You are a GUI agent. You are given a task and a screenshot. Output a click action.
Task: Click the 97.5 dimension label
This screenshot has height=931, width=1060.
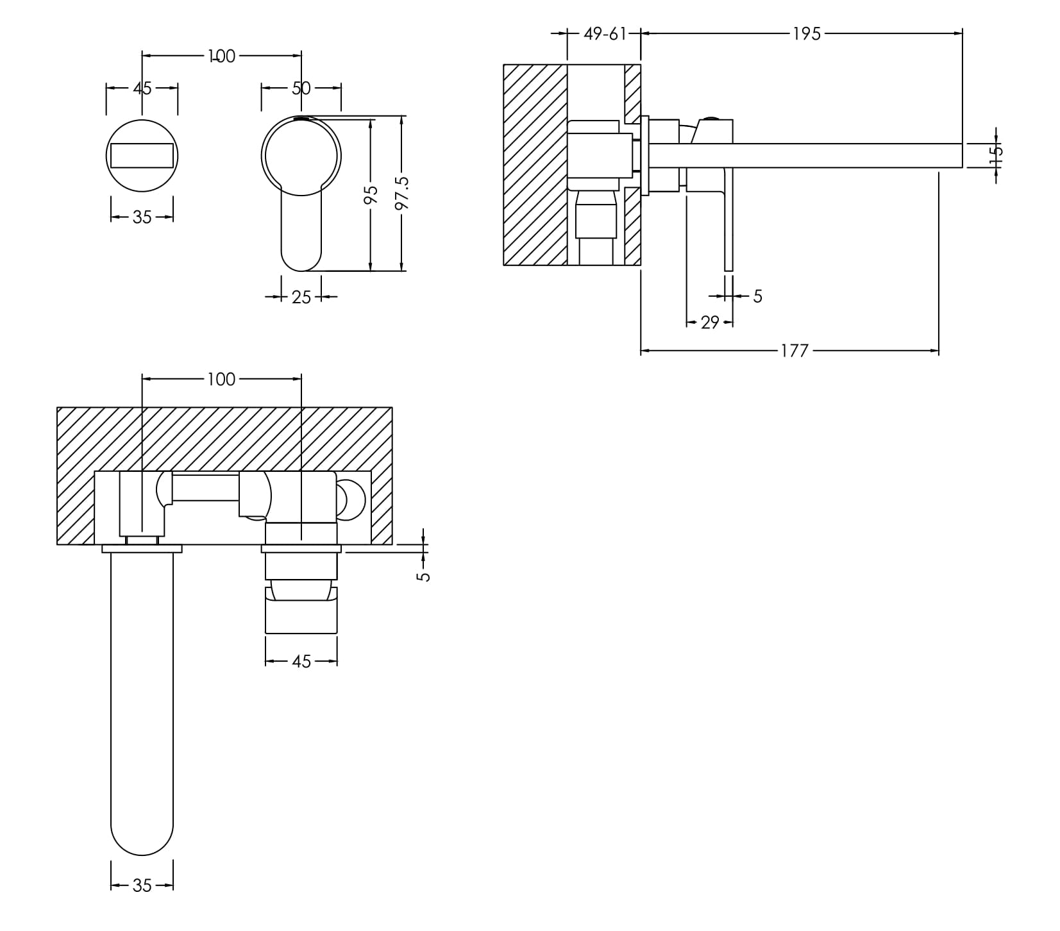point(402,193)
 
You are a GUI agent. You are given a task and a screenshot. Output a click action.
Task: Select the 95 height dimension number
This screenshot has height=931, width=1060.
point(371,195)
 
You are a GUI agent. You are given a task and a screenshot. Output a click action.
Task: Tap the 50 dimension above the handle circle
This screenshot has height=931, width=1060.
point(301,88)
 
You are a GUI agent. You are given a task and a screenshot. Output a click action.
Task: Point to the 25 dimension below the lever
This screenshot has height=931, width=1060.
point(301,297)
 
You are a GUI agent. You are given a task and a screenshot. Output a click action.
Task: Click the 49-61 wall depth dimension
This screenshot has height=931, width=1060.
point(604,34)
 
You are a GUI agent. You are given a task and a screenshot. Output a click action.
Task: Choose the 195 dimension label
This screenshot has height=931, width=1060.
point(807,34)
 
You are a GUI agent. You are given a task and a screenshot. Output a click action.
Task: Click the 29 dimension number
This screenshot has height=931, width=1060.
point(710,323)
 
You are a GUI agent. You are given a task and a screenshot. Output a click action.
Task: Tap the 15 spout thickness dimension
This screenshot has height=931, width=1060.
point(996,155)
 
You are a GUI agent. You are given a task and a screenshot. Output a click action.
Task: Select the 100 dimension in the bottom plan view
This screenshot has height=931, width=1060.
point(221,380)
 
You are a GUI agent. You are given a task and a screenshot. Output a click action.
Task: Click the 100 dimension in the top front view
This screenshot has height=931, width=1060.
point(221,56)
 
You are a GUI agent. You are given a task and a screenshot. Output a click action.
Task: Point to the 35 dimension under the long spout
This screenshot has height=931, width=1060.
point(142,885)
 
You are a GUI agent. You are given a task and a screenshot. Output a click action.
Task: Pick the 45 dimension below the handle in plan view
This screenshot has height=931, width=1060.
point(301,661)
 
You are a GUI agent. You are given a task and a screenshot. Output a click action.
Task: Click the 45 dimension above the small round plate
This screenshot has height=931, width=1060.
point(142,88)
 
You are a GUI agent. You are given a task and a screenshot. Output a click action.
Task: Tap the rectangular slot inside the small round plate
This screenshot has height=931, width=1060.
point(142,155)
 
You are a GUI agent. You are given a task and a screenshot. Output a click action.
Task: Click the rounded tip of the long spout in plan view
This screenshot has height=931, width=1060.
point(142,840)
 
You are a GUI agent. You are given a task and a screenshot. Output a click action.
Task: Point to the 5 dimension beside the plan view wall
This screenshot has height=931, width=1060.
point(423,576)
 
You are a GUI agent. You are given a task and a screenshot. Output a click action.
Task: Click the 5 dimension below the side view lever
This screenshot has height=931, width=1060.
point(757,296)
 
